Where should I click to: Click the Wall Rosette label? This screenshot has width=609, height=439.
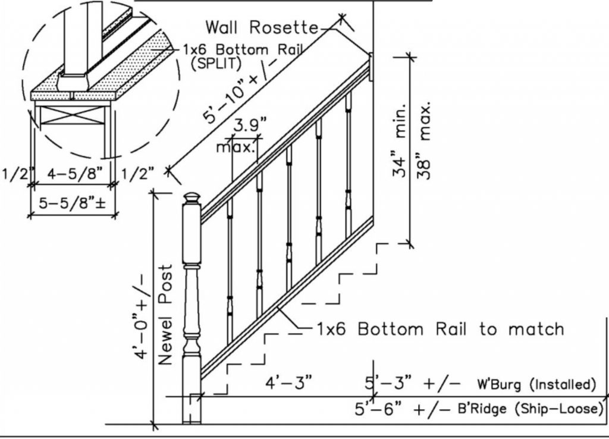262,27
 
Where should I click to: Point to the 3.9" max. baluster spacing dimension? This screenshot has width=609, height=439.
246,135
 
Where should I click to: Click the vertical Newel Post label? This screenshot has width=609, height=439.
166,315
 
